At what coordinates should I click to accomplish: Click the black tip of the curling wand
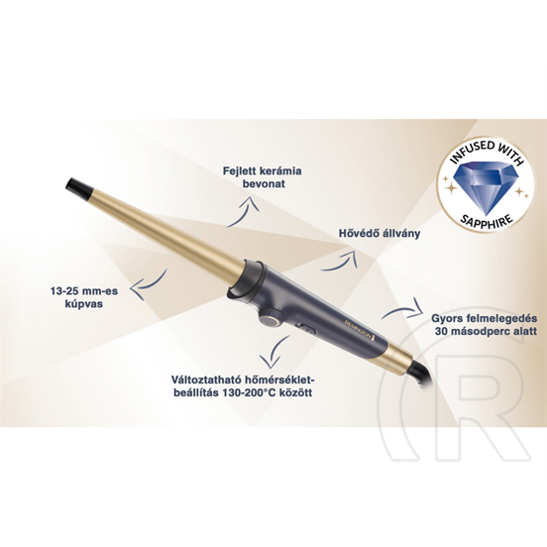click(78, 186)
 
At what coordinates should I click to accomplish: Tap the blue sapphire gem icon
click(486, 188)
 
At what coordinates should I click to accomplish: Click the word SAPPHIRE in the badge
click(487, 220)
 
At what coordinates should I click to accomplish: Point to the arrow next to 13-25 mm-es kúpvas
click(148, 284)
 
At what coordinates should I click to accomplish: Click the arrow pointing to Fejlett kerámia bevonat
click(243, 212)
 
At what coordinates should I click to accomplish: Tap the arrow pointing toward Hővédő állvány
click(338, 261)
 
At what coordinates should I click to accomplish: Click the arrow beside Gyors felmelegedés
click(402, 308)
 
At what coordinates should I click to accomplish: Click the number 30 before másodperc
click(441, 331)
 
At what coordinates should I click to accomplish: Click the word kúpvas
click(83, 304)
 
